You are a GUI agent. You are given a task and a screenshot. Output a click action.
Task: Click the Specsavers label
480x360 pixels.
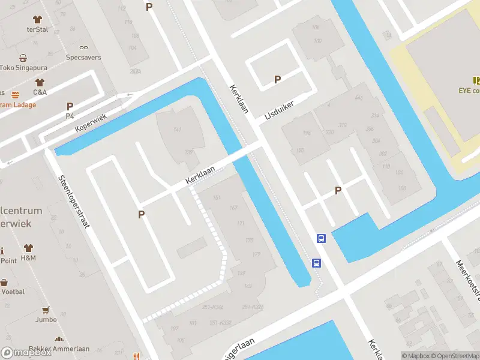(x=83, y=58)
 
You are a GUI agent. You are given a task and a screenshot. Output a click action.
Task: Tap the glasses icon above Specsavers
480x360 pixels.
(x=83, y=47)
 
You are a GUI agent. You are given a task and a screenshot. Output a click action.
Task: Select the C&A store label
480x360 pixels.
(x=40, y=92)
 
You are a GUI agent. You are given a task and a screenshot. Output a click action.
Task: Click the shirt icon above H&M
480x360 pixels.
(x=28, y=247)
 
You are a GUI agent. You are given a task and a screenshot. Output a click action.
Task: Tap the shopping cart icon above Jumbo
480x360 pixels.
(x=45, y=310)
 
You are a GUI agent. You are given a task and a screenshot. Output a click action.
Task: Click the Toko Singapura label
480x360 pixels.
(x=23, y=68)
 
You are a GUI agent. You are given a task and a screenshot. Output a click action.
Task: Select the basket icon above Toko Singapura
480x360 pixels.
(x=23, y=58)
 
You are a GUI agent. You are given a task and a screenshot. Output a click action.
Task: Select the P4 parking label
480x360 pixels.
(x=70, y=116)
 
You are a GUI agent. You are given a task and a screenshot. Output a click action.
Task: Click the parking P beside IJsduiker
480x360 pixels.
(x=277, y=79)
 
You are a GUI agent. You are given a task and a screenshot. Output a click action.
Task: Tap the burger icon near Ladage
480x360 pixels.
(x=15, y=94)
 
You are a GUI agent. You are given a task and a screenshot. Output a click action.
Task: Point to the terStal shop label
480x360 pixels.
(x=37, y=29)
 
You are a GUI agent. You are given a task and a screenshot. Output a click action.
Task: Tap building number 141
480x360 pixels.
(x=177, y=129)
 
